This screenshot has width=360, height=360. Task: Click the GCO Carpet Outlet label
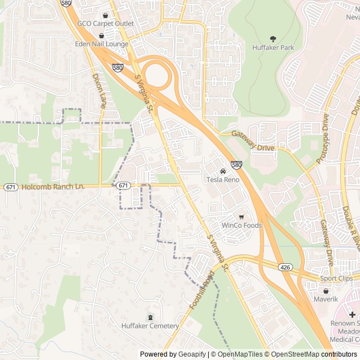point(106,24)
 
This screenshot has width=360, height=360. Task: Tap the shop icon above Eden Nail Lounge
point(101,35)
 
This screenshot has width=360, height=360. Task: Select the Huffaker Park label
point(273,48)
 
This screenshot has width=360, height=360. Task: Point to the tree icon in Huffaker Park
point(273,39)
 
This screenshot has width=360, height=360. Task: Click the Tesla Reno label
point(223,179)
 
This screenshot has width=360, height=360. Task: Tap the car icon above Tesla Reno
point(223,171)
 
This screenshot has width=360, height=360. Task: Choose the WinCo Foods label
point(241,226)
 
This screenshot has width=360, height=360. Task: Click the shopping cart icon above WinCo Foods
point(241,217)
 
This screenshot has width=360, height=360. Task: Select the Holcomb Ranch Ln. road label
point(53,186)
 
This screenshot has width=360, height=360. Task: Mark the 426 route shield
point(286,267)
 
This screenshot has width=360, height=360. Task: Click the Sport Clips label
point(336,278)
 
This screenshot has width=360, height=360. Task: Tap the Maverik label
point(326,299)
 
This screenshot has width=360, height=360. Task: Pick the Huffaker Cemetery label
point(150,326)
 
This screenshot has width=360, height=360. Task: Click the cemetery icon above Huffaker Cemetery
point(150,317)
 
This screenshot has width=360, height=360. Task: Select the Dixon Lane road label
point(99,90)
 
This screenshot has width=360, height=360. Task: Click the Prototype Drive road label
point(322,139)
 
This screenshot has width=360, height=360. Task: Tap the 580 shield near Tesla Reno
point(236,165)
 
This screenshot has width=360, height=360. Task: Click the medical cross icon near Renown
point(352,314)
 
